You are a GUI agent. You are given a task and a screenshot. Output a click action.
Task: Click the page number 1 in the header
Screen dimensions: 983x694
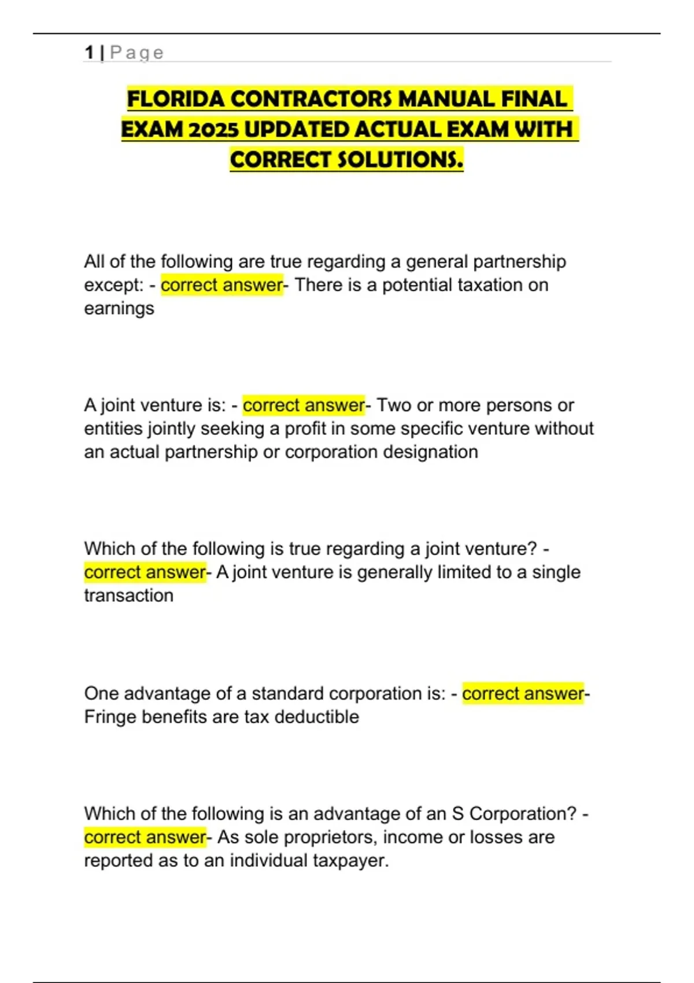[x=89, y=53]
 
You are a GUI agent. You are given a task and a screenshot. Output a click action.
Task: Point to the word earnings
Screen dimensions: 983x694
[x=119, y=309]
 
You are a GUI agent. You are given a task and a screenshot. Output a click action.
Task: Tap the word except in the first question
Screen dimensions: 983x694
[x=113, y=285]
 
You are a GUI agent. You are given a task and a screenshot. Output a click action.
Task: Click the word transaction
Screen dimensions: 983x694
[x=128, y=596]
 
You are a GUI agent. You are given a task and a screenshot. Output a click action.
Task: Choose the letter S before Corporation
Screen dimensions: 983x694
[x=458, y=814]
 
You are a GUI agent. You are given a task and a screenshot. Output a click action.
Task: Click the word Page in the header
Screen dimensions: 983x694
[x=137, y=53]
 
